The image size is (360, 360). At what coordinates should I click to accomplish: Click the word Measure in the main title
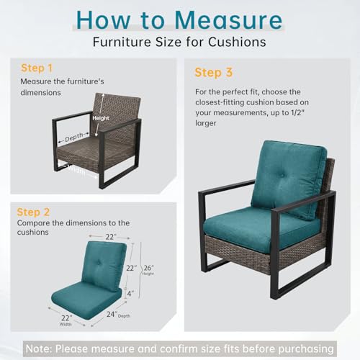[229, 20]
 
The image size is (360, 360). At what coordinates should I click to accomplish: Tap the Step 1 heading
[37, 68]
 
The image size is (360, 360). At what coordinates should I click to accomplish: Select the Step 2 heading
[33, 212]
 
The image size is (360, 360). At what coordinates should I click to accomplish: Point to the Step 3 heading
[214, 73]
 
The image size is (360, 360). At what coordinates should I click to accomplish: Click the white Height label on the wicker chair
[101, 118]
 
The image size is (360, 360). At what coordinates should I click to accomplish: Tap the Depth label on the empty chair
[74, 137]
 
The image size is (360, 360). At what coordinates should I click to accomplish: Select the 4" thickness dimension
[130, 293]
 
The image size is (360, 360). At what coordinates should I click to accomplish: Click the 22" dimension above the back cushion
[111, 237]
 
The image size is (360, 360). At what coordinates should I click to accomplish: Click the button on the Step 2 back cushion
[99, 263]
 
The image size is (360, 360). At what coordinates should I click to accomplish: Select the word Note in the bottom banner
[39, 348]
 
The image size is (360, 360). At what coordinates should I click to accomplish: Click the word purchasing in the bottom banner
[306, 349]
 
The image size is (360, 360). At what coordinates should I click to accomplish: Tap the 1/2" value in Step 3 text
[297, 112]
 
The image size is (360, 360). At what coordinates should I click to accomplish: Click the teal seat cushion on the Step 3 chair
[261, 225]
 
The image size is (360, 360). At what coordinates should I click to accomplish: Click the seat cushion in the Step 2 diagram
[86, 300]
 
